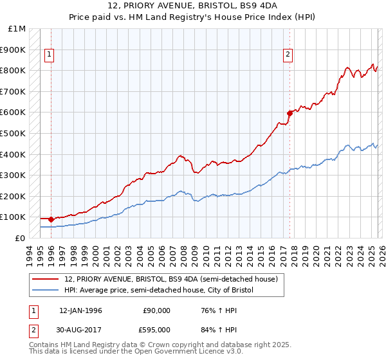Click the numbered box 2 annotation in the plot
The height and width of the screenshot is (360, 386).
tap(288, 55)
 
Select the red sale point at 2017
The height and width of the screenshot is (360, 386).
tap(289, 113)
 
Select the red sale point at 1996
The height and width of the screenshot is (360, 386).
tap(51, 219)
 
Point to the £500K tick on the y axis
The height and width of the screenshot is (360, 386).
tap(14, 133)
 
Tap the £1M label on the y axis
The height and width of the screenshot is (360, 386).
tap(17, 28)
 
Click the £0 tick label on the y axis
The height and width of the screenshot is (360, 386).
tap(21, 238)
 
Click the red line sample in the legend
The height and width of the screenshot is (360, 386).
tap(46, 279)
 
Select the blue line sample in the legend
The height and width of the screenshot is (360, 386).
tap(46, 291)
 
